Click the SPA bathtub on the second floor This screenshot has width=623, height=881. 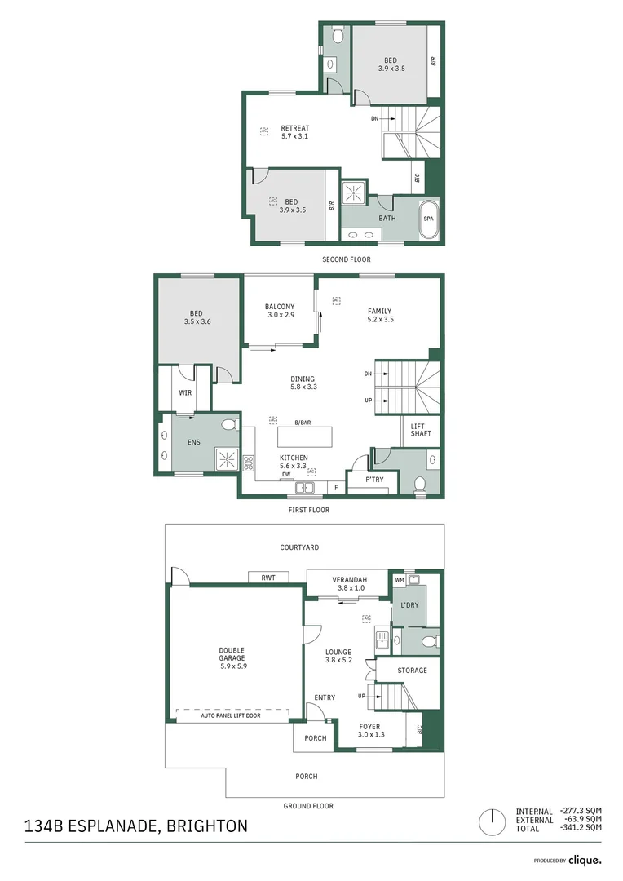[428, 219]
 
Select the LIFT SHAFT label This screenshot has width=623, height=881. [421, 428]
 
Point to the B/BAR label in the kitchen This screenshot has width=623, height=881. [303, 422]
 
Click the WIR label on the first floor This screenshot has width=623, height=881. [185, 392]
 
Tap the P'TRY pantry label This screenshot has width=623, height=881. [374, 480]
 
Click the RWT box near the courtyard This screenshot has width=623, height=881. [267, 578]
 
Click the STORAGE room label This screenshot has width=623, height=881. [412, 671]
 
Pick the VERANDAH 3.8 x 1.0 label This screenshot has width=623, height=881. [348, 583]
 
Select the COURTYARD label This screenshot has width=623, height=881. [299, 547]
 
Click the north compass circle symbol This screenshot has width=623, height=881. [492, 821]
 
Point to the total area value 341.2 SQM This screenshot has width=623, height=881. [584, 828]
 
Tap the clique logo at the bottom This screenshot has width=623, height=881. [585, 860]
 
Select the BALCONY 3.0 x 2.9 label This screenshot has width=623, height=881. [280, 311]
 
